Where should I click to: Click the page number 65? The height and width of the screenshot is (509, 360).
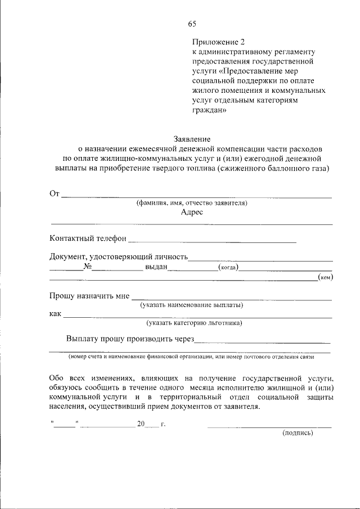click(192, 24)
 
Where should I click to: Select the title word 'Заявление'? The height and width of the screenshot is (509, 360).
click(191, 139)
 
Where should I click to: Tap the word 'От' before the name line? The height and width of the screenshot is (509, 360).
click(55, 194)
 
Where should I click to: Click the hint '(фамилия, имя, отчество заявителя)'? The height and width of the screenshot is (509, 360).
click(192, 203)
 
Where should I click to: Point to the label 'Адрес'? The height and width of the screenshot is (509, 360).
click(192, 213)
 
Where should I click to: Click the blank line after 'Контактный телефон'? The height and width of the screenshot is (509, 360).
click(212, 241)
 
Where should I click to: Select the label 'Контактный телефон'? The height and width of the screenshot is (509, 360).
click(88, 238)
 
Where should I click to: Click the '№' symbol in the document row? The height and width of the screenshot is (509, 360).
click(87, 267)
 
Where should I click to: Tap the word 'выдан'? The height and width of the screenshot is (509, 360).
click(156, 267)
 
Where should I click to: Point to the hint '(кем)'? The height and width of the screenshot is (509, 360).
click(325, 277)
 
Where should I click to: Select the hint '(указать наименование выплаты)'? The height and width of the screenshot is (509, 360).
click(191, 305)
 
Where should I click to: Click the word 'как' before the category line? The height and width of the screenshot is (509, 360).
click(55, 314)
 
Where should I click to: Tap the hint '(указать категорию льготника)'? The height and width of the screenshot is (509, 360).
click(194, 323)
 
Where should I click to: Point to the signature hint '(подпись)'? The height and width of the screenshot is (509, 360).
click(297, 433)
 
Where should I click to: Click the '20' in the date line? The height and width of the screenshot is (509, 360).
click(141, 424)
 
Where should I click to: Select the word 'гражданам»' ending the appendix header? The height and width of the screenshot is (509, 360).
click(209, 110)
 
